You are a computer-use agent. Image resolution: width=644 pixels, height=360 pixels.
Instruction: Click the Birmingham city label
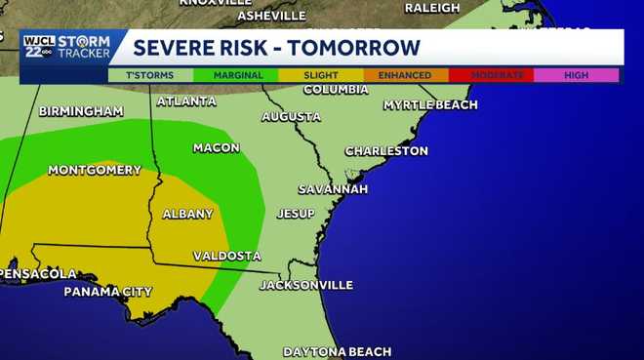tap(81, 111)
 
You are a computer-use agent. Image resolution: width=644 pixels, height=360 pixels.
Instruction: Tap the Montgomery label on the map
tap(95, 170)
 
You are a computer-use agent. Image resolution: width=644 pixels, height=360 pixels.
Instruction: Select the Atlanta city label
tap(186, 100)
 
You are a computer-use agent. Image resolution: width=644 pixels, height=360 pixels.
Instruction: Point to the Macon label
tap(216, 147)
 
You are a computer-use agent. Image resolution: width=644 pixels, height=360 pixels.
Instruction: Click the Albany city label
tap(187, 214)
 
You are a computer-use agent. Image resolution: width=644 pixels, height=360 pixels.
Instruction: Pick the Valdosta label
tap(226, 256)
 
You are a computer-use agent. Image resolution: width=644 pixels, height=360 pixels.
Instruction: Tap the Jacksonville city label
tap(305, 285)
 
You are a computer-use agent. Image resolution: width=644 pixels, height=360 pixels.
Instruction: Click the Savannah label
tap(333, 188)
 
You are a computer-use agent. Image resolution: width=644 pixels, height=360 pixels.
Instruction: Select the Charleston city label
tap(386, 151)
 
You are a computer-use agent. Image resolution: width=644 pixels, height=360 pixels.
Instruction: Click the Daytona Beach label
tap(337, 351)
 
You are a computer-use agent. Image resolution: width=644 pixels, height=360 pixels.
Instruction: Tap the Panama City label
tap(108, 292)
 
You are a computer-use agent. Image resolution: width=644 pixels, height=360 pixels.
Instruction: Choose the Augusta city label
tap(291, 117)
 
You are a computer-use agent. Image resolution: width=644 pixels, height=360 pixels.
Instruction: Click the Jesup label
tap(296, 213)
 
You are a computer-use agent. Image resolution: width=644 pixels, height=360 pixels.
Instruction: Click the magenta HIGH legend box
tap(577, 75)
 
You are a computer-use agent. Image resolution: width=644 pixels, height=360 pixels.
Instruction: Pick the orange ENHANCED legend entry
tap(406, 75)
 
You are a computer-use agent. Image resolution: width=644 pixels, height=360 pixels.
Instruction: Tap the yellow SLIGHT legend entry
tap(320, 75)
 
